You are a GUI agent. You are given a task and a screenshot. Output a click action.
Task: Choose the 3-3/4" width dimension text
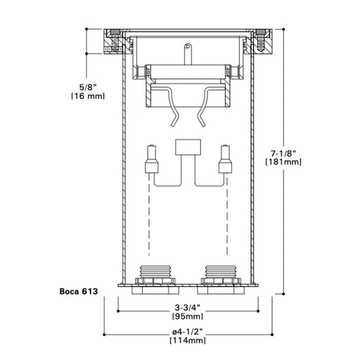(x=187, y=307)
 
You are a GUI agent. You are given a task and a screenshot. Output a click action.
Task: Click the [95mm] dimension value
(x=187, y=316)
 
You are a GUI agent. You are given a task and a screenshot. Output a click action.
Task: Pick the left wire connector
(x=149, y=161)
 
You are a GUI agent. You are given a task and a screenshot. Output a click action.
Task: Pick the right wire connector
(x=225, y=161)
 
